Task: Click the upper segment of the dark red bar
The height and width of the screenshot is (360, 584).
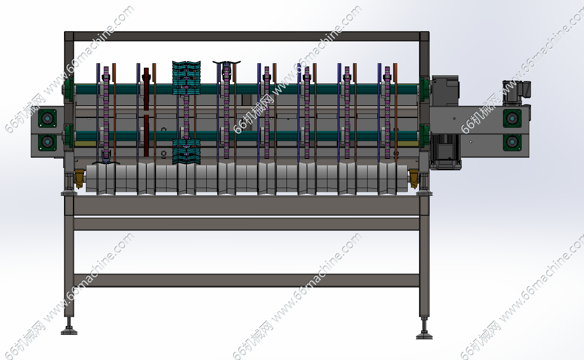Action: tap(146, 89)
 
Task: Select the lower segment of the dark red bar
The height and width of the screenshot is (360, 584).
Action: tap(146, 136)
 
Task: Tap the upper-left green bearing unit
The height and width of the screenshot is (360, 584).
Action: tap(47, 118)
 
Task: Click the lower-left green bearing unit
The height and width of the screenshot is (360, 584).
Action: tap(47, 142)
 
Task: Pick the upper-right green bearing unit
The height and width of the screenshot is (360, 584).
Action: tap(512, 118)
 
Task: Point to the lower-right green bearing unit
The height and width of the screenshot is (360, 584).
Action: tap(512, 142)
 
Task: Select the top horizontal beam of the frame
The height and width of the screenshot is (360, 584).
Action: tap(247, 36)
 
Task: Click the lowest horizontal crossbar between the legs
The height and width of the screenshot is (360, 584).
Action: tap(247, 281)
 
